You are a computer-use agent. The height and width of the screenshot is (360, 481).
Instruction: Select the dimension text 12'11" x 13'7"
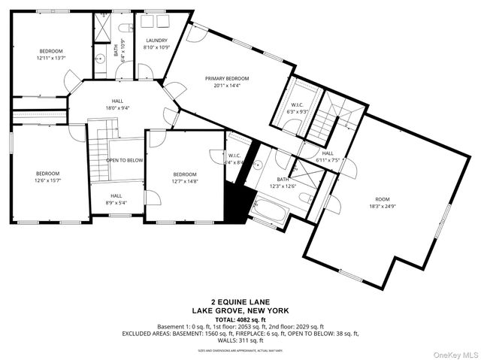51,58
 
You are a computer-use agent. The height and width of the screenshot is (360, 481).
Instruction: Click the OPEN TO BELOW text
125,160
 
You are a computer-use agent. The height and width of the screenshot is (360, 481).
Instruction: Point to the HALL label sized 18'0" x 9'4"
117,101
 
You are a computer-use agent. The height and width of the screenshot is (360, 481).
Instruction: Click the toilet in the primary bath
304,198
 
